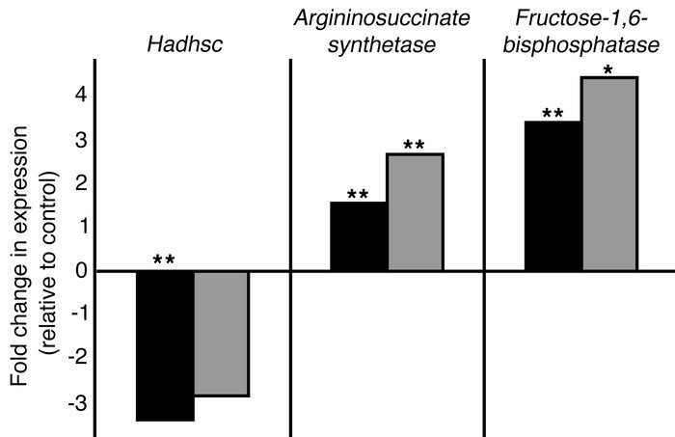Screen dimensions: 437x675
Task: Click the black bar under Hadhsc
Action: click(165, 345)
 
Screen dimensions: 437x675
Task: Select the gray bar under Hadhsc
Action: click(222, 333)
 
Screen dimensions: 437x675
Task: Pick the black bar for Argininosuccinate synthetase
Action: click(359, 236)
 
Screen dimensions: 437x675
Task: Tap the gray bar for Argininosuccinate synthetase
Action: click(415, 212)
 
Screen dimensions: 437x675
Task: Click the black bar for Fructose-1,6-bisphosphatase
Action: click(553, 196)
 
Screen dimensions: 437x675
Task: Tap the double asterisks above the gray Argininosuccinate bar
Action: click(415, 146)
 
